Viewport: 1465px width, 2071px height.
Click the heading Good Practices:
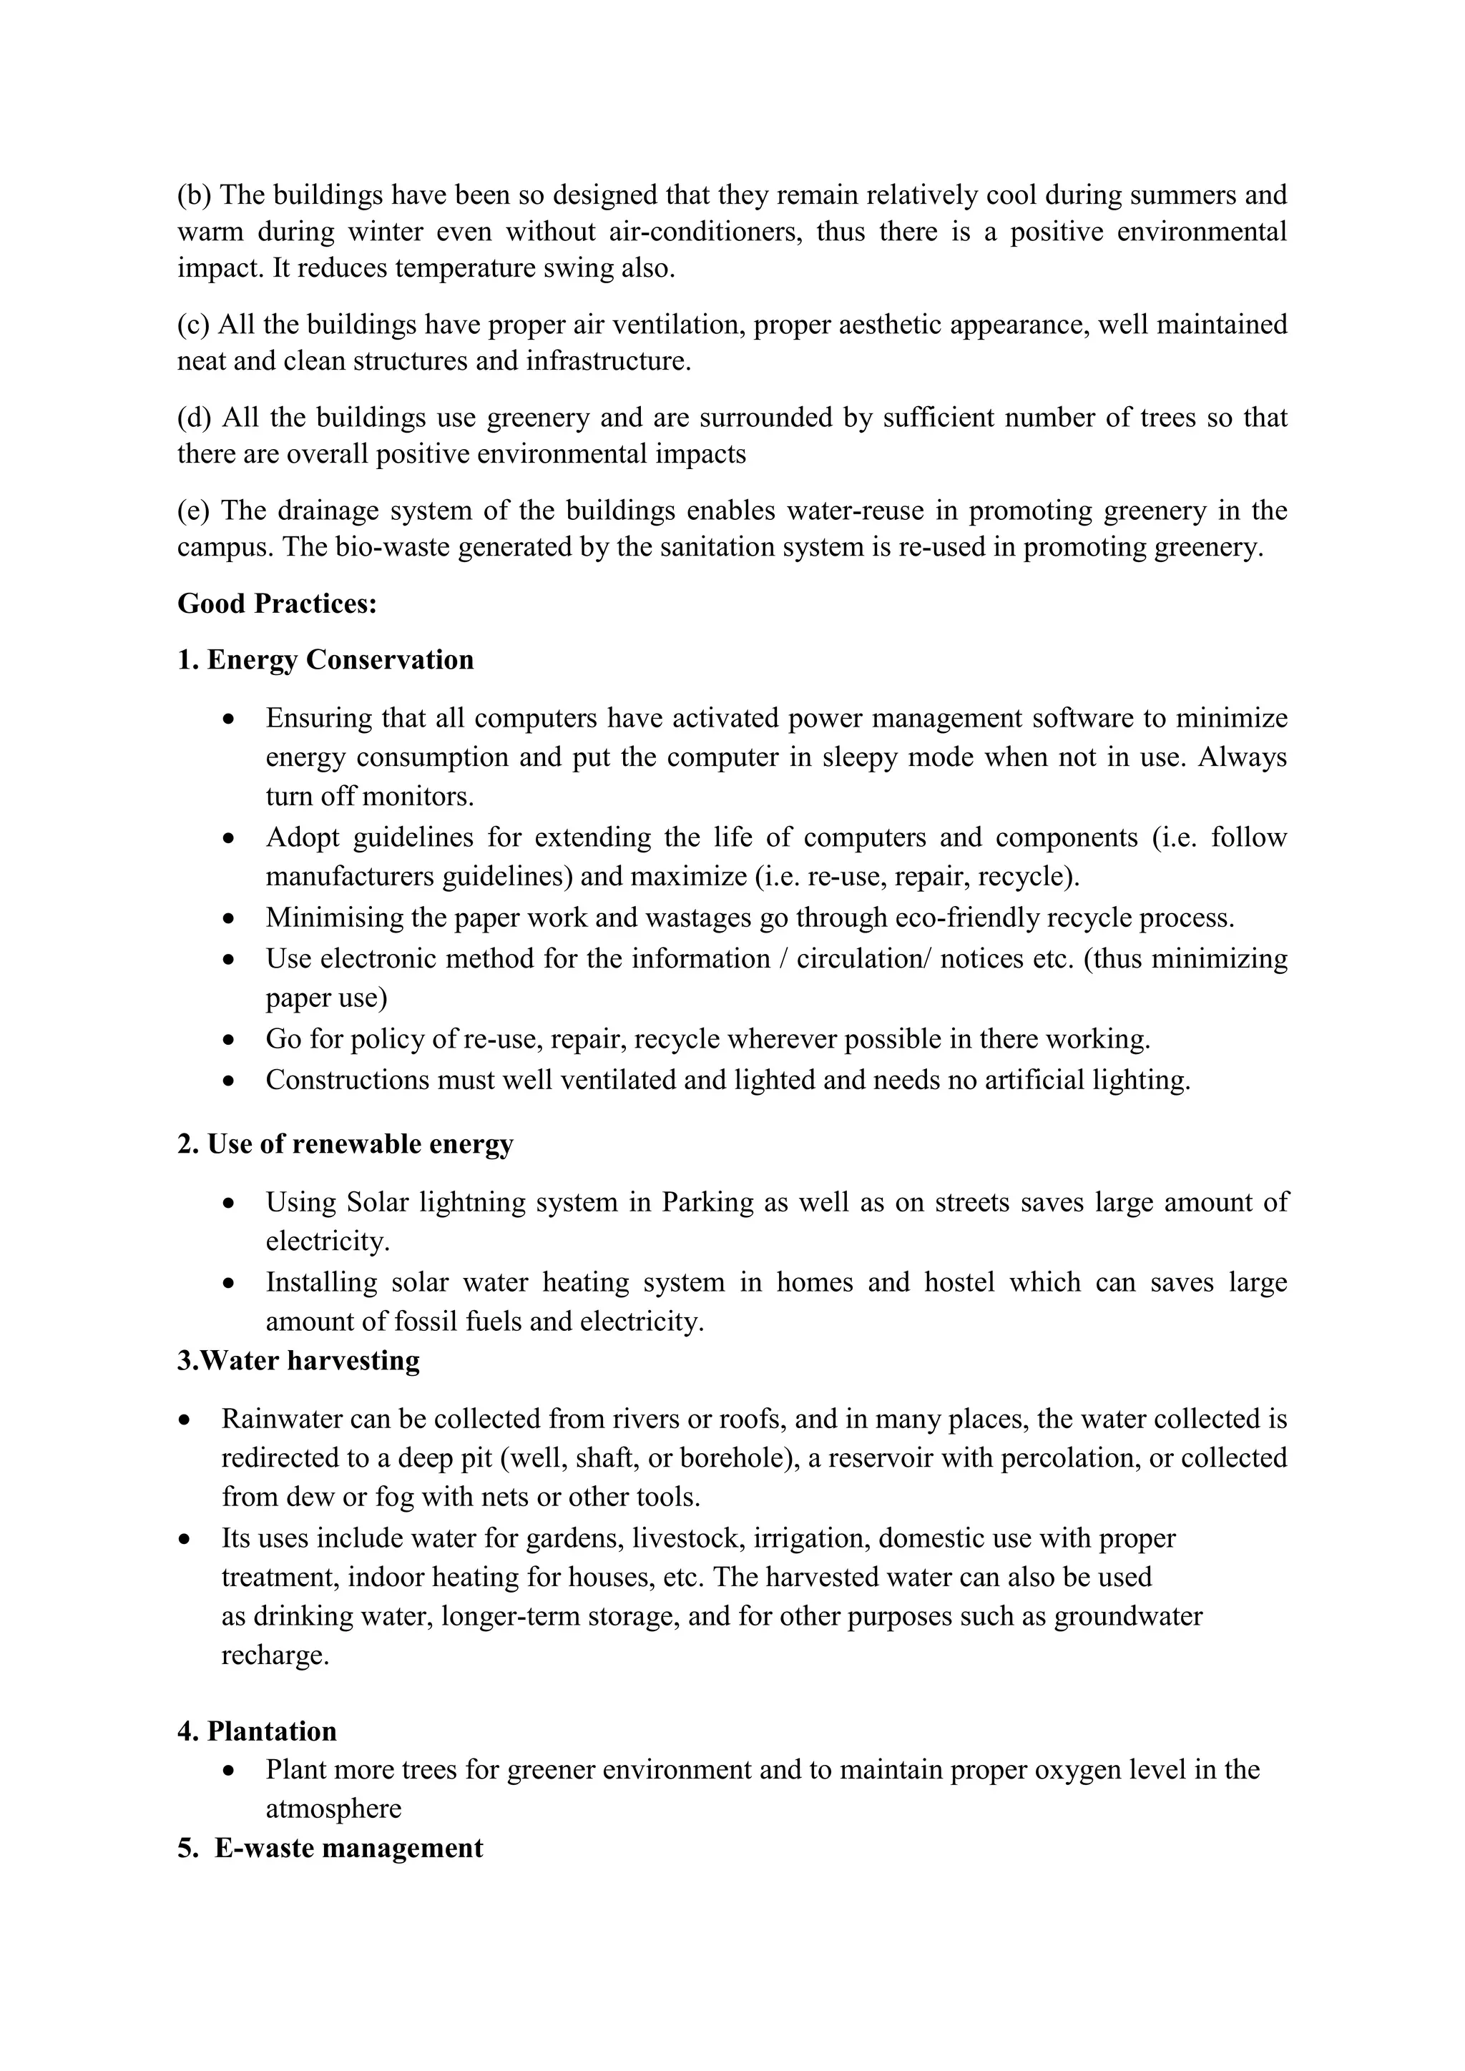277,604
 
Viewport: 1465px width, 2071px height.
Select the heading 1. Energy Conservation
325,660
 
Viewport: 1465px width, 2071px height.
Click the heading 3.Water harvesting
298,1360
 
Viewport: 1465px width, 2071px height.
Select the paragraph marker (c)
193,325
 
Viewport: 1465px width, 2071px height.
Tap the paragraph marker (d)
194,418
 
